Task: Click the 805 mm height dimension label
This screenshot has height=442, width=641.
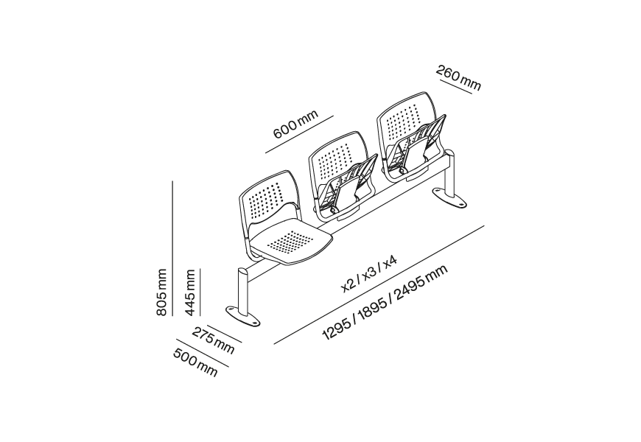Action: (x=161, y=292)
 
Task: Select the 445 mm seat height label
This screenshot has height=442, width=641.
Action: (x=189, y=292)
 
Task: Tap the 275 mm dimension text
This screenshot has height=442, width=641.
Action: (x=213, y=340)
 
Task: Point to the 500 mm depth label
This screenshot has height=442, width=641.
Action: (x=195, y=362)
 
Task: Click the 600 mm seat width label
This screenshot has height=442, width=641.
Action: (x=295, y=124)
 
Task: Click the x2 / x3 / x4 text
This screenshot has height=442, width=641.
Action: (x=369, y=273)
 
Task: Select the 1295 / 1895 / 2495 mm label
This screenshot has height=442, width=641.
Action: (x=385, y=302)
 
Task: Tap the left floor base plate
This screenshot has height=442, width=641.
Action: (x=244, y=316)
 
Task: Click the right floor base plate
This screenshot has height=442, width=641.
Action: (x=450, y=198)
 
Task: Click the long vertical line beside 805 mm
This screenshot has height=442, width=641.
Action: (x=172, y=248)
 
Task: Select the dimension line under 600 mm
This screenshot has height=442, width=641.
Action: (x=300, y=134)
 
